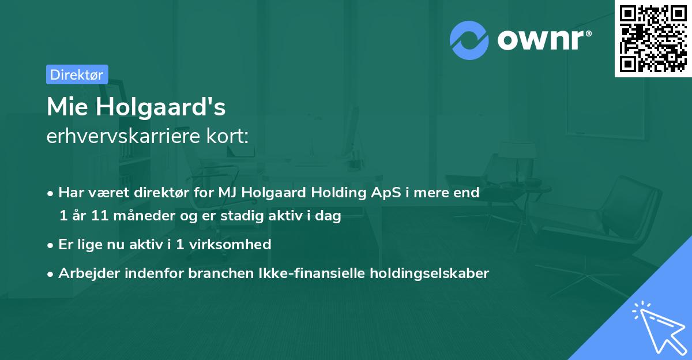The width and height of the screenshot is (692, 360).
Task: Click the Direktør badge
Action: [x=77, y=74]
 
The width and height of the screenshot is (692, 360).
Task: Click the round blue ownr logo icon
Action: [x=469, y=40]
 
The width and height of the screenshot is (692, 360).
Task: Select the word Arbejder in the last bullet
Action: [x=84, y=273]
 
